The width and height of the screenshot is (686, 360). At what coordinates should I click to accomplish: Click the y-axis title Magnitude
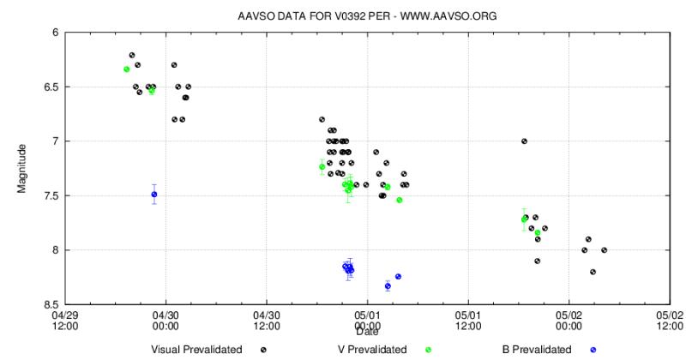click(x=23, y=168)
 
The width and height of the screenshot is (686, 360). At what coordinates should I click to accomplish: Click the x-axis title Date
click(x=368, y=331)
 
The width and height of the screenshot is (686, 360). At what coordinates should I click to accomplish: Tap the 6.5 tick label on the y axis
click(x=51, y=87)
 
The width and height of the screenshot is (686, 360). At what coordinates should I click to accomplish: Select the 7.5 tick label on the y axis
click(x=51, y=195)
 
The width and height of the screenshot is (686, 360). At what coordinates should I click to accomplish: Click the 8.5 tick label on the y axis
click(x=51, y=304)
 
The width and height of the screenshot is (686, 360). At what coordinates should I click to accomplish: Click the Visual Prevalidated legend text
click(x=196, y=349)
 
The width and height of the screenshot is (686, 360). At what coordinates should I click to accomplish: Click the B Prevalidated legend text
click(x=537, y=349)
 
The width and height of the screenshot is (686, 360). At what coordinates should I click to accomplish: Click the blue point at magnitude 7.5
click(x=154, y=195)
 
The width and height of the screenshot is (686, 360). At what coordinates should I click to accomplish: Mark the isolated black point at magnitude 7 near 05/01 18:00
click(x=524, y=141)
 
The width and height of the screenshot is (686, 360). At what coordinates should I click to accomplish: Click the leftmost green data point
click(x=126, y=69)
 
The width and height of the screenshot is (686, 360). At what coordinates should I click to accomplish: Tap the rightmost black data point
click(x=605, y=250)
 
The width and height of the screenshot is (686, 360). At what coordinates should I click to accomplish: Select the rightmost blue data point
click(x=398, y=276)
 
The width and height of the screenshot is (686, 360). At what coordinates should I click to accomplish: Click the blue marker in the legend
click(x=593, y=349)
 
